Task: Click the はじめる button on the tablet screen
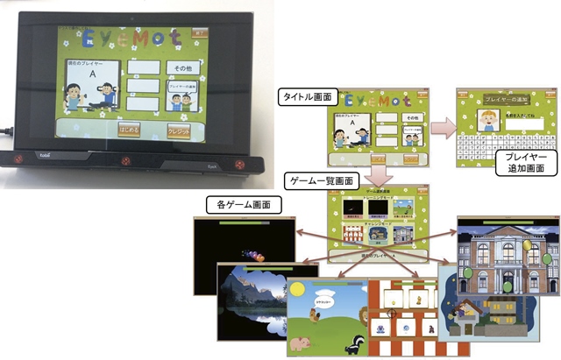[x=128, y=131]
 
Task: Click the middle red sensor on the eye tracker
[x=125, y=161]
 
